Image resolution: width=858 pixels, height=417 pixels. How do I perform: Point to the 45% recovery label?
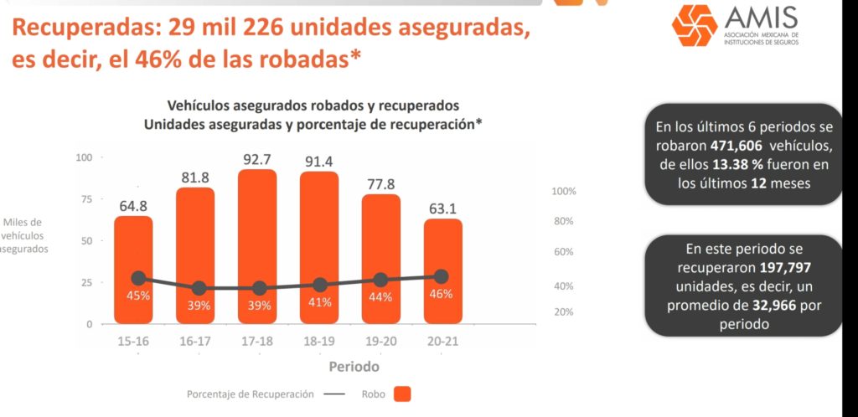point(138,296)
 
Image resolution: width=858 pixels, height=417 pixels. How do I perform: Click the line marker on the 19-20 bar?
point(380,280)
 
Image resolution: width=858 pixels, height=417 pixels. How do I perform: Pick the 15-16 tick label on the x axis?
point(133,341)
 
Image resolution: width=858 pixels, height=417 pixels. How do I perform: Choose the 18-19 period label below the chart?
point(319,341)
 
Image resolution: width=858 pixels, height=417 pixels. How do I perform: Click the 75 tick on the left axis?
point(86,199)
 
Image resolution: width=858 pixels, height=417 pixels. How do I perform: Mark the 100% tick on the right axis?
point(564,192)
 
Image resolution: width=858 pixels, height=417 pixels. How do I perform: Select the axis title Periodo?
point(354,367)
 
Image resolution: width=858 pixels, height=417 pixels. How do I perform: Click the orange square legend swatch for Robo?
point(402,394)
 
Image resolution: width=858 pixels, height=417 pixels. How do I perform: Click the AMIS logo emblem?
point(695,26)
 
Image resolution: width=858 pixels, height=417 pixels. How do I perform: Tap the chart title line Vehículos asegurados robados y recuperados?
point(313,106)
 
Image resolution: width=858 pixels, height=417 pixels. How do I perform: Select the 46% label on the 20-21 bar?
point(441,294)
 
